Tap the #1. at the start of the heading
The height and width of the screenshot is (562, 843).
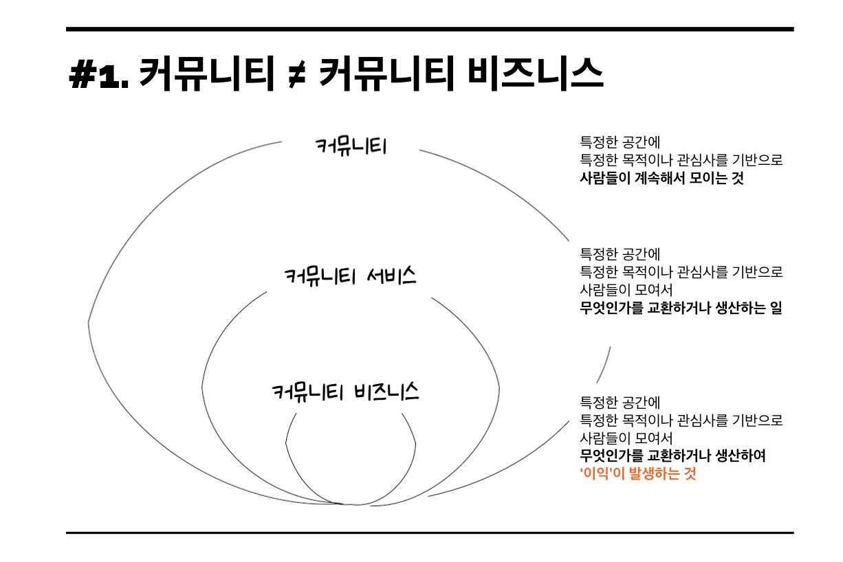99,75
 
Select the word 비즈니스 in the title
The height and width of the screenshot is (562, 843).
536,74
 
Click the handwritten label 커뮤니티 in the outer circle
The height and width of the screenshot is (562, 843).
351,146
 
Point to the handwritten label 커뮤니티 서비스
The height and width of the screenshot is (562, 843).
351,276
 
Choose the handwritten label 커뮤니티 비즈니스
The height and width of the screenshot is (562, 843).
345,392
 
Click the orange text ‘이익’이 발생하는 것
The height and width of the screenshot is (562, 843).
638,473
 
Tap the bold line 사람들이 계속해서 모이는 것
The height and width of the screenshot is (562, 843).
661,178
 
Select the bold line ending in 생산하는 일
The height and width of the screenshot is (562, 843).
681,308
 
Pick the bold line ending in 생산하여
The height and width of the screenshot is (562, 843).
672,456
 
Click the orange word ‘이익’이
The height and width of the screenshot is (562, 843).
602,473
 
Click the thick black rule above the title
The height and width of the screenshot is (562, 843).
430,29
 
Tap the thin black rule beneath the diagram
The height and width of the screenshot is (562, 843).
430,532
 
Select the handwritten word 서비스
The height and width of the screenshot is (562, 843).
391,276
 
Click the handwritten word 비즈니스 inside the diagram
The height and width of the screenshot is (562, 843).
386,392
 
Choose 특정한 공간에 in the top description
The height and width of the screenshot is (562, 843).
620,142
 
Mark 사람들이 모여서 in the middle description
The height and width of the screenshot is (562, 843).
626,290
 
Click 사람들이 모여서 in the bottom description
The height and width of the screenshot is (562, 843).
626,438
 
